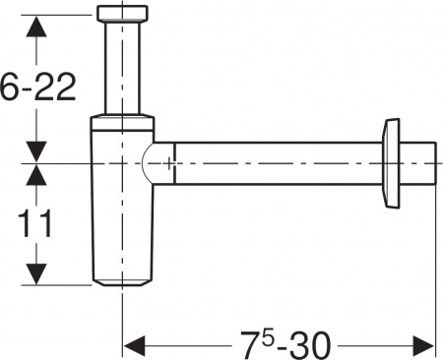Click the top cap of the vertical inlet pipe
point(122,15)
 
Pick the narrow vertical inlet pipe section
point(122,69)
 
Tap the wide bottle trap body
point(122,226)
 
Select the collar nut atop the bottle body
point(122,126)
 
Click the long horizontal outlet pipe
point(276,162)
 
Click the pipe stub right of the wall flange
point(422,163)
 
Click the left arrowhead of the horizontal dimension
point(134,345)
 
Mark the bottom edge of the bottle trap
point(122,284)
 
